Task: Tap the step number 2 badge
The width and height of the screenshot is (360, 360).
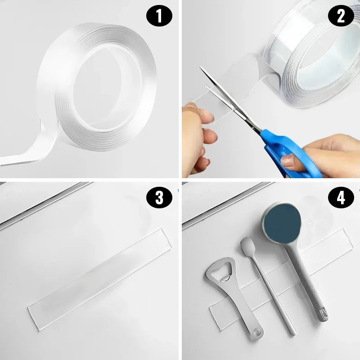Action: pos(340,17)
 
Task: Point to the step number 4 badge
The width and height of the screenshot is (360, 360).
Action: pos(340,198)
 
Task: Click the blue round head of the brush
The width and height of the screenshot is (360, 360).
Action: pos(282,223)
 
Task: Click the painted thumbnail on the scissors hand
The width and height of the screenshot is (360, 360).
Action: pos(288,161)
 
